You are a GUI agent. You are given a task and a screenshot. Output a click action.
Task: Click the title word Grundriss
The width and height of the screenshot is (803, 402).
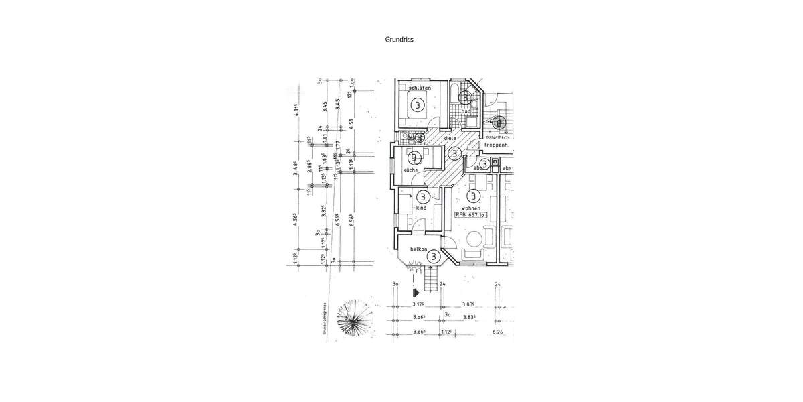point(399,40)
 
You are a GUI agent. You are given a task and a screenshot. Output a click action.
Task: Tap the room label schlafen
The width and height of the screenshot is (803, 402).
point(416,88)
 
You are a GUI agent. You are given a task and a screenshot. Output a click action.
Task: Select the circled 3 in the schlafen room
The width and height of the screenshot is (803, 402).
point(417,105)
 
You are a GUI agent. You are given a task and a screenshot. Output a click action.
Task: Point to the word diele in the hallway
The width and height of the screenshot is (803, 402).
point(459,139)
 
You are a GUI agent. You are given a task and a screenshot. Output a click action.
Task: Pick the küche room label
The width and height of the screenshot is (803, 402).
point(410,170)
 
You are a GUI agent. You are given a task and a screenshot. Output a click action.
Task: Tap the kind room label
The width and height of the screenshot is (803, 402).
point(421,208)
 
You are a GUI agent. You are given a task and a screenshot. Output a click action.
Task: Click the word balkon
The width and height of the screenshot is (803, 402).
point(420,249)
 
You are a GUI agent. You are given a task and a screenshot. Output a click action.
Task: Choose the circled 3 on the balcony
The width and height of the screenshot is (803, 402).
point(434,255)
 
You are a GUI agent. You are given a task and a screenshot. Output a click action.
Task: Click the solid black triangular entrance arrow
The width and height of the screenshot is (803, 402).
point(416,291)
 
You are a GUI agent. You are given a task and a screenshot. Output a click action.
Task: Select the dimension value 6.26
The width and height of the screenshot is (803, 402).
point(497,332)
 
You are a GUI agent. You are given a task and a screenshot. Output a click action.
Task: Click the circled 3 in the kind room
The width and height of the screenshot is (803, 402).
point(422,197)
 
